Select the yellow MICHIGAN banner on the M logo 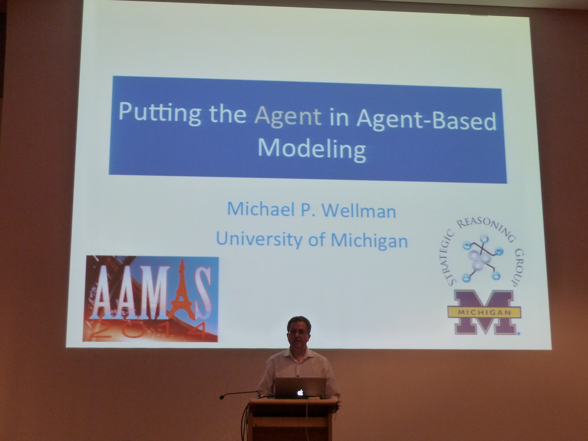click(x=484, y=313)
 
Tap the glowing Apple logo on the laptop click(x=300, y=393)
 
